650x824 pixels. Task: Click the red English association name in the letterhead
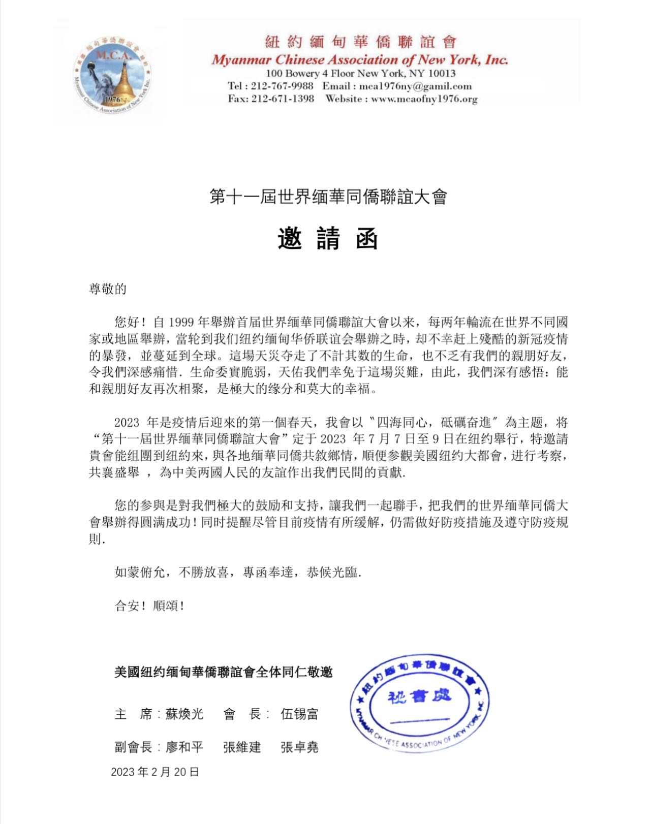click(x=360, y=60)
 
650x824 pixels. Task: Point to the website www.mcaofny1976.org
click(x=424, y=99)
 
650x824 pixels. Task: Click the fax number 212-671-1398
click(x=283, y=99)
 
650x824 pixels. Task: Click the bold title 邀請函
click(x=328, y=239)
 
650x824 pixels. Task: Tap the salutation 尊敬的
click(x=108, y=289)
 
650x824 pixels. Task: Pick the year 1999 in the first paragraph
click(x=181, y=322)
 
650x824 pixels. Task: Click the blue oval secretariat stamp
click(x=419, y=704)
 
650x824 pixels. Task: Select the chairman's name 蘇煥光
click(x=184, y=714)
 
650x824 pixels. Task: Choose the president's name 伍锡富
click(x=299, y=714)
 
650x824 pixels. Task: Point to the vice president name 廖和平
click(x=184, y=747)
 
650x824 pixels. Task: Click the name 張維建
click(x=242, y=747)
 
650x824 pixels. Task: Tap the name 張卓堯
click(x=299, y=747)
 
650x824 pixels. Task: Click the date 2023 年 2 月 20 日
click(x=155, y=772)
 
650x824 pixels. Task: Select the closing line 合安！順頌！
click(x=149, y=606)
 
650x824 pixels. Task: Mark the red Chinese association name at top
click(x=360, y=42)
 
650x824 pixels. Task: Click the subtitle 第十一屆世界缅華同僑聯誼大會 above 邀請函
click(x=328, y=197)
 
